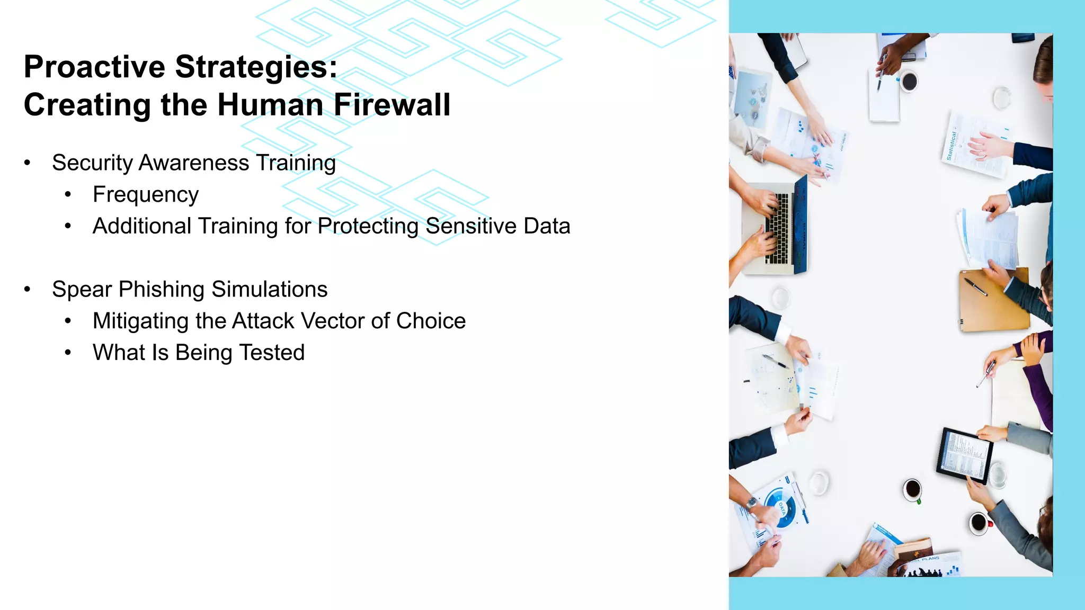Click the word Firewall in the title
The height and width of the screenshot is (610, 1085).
coord(392,104)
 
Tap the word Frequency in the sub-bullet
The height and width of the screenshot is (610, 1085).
coord(146,195)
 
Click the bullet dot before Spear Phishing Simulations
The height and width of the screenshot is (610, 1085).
coord(28,290)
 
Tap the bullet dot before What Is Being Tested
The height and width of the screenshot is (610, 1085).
coord(68,353)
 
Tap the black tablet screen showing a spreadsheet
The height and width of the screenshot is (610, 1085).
coord(965,455)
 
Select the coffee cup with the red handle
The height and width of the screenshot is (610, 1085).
coord(980,523)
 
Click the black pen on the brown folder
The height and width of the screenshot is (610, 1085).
coord(975,287)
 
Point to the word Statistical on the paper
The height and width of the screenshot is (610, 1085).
coord(952,145)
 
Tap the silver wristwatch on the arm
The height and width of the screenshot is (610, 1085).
coord(752,502)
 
